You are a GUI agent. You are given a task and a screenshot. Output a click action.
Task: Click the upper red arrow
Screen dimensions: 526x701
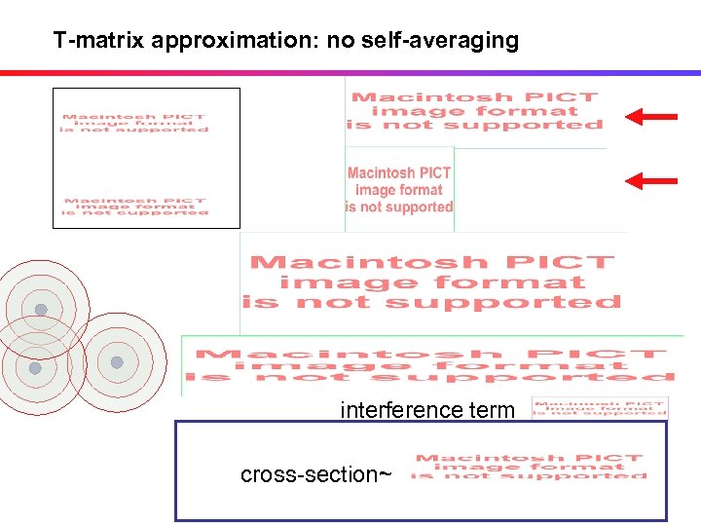[650, 117]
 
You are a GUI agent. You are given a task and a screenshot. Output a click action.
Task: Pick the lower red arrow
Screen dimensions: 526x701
[650, 180]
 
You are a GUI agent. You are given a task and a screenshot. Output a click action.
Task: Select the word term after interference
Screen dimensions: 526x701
[491, 410]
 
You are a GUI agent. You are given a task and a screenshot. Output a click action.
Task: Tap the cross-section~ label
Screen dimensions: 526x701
[315, 474]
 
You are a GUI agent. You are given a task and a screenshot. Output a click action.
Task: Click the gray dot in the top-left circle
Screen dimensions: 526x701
[41, 310]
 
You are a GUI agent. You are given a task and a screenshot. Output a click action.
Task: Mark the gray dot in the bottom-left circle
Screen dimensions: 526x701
[35, 368]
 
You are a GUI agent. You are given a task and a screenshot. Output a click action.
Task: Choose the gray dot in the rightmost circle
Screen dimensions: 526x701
[117, 362]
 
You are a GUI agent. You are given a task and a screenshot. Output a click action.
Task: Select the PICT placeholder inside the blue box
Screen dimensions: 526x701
[529, 467]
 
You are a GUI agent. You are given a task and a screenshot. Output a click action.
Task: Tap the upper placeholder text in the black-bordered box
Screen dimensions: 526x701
[135, 124]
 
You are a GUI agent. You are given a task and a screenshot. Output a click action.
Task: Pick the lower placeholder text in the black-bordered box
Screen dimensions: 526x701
[136, 207]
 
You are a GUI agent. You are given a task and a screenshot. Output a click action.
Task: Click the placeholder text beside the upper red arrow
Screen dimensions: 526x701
[476, 111]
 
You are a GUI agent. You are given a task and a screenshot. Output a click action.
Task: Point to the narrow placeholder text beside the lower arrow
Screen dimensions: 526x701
[399, 190]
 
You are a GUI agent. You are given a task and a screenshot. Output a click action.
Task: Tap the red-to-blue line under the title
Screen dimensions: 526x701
[350, 72]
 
